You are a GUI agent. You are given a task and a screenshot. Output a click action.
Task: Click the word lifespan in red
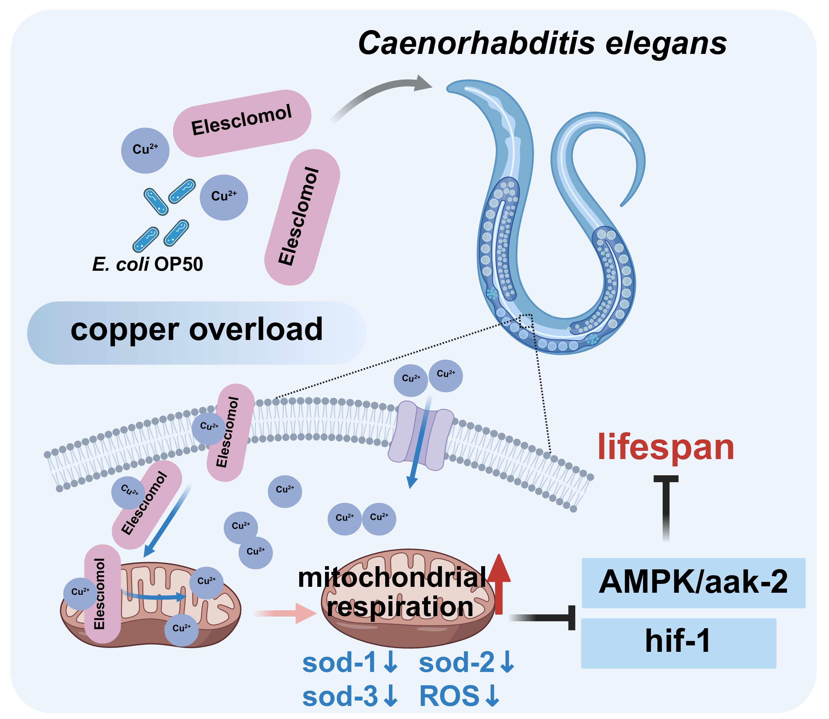click(x=666, y=447)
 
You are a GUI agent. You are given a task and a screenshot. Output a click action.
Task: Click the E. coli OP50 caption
click(x=148, y=264)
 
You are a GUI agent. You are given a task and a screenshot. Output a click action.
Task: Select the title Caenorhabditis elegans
click(x=542, y=43)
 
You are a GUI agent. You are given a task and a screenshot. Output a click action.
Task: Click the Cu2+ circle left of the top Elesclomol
click(x=145, y=150)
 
